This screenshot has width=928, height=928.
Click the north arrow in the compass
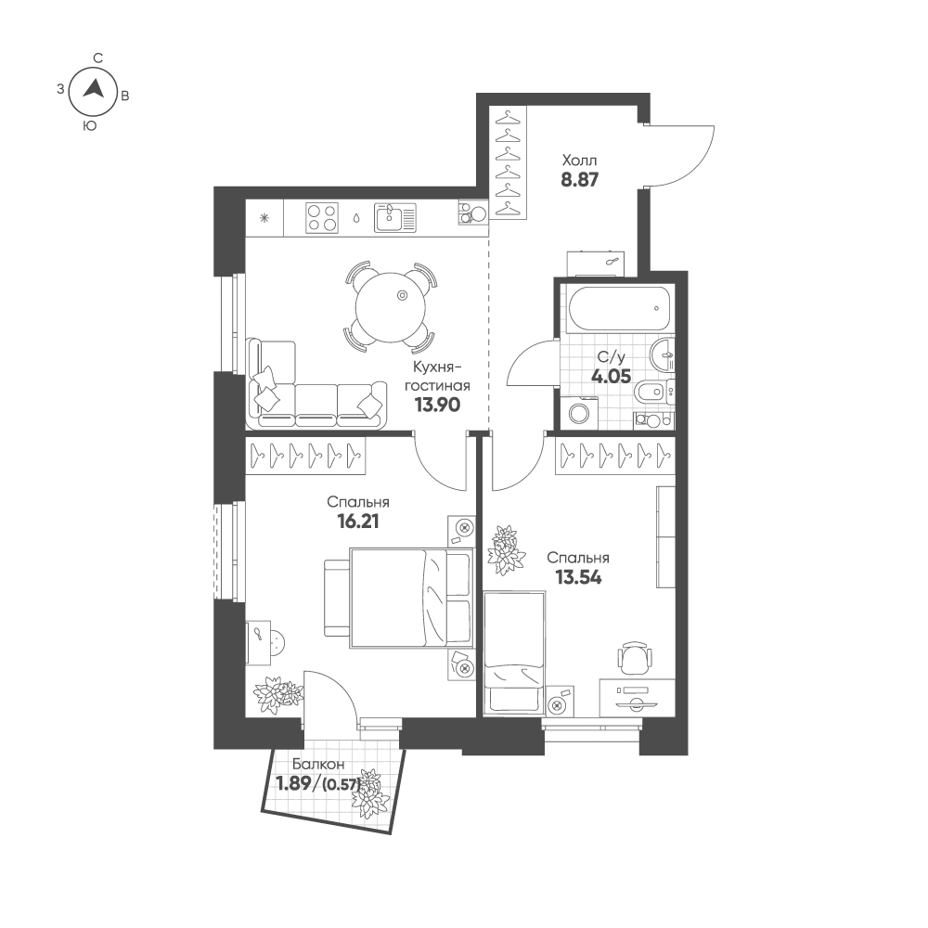[94, 89]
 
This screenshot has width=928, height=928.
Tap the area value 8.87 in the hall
[579, 179]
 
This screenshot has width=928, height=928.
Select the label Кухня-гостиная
[437, 377]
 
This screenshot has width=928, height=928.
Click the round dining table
[391, 308]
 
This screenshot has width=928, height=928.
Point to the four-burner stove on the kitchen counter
[322, 217]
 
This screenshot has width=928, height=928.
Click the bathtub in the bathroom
[619, 309]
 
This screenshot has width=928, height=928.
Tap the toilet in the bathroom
[652, 392]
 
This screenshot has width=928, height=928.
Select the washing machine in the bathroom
[579, 413]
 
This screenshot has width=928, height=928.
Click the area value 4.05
[612, 377]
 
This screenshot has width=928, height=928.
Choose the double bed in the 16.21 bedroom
[399, 598]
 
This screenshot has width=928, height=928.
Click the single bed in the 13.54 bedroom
[514, 652]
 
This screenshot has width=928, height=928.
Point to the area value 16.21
[357, 522]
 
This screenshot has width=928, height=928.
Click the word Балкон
[317, 765]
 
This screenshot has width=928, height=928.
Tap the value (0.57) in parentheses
[342, 785]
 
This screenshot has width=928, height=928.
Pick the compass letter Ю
[90, 125]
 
